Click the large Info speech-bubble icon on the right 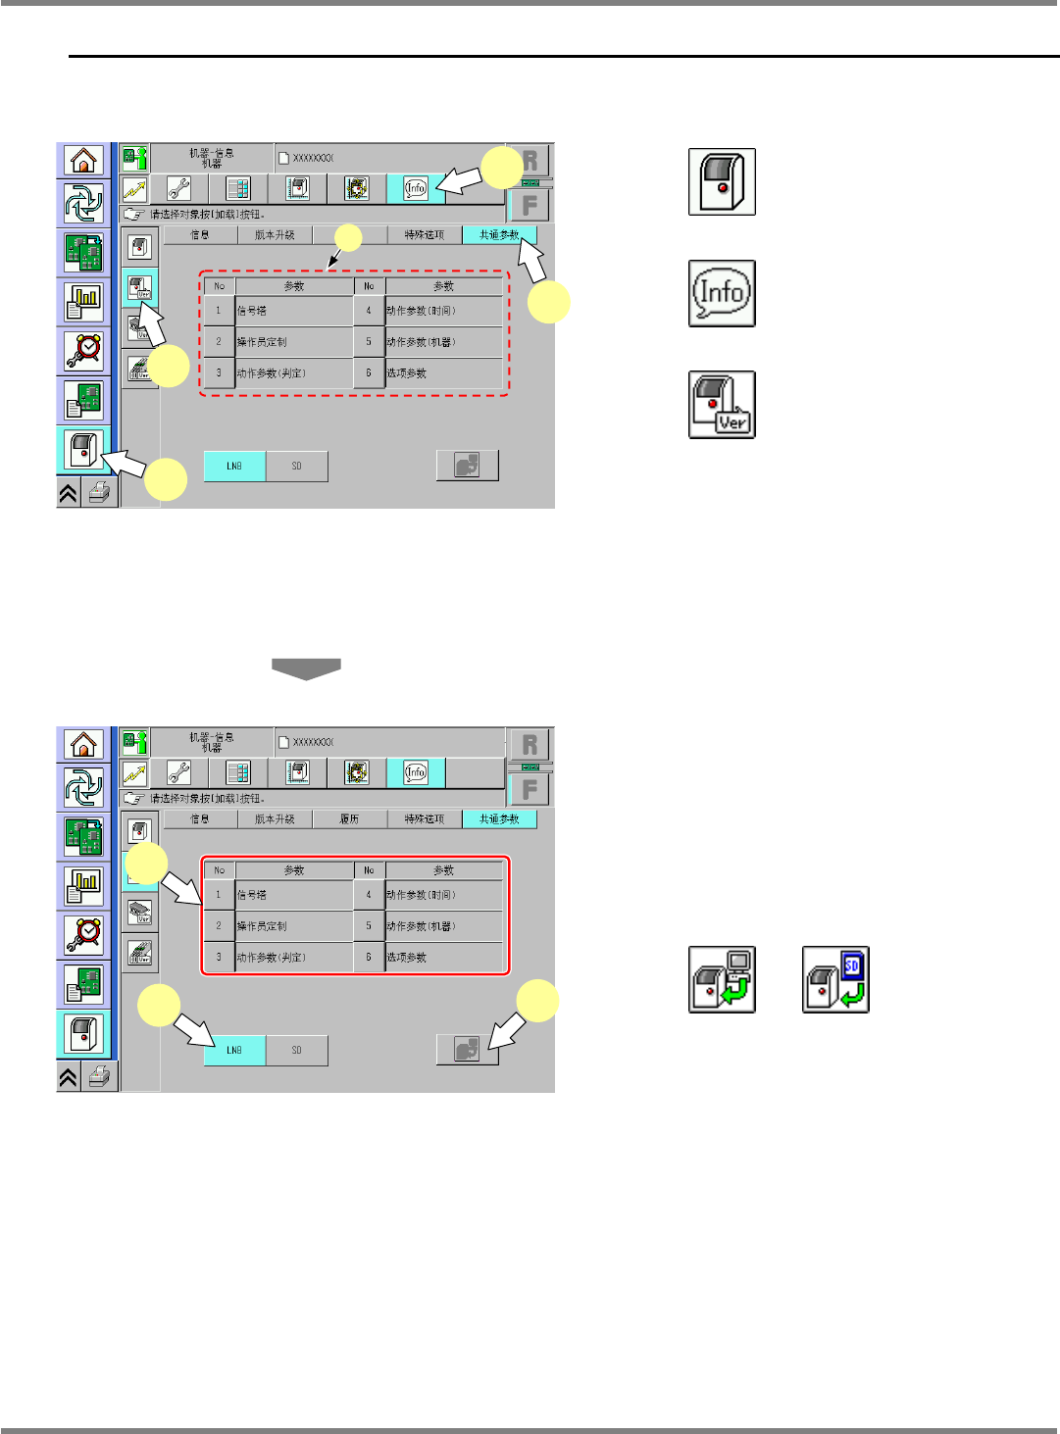tap(722, 293)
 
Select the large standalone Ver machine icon tap(722, 404)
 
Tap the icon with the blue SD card tap(835, 979)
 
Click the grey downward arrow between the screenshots tap(306, 668)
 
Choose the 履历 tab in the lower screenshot tap(349, 819)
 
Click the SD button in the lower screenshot tap(296, 1050)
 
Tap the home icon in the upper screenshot tap(83, 159)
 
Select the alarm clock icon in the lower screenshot tap(83, 934)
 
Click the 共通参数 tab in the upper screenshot tap(499, 235)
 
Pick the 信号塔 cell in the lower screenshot tap(293, 895)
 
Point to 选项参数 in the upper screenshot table tap(443, 373)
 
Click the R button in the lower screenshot tap(530, 744)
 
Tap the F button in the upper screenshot tap(530, 206)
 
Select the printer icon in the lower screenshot tap(99, 1077)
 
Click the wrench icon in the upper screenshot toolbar tap(179, 188)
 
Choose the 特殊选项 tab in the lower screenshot tap(424, 819)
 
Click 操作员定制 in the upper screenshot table tap(293, 342)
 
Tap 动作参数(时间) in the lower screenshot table tap(443, 895)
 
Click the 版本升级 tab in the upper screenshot tap(275, 235)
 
